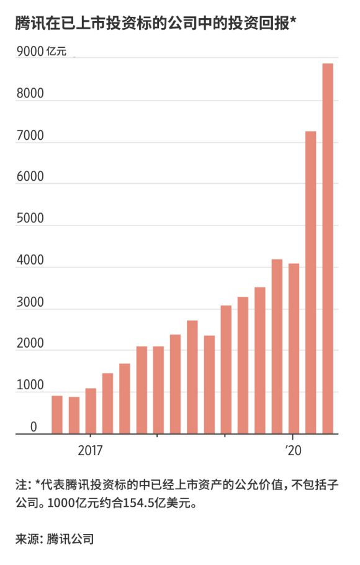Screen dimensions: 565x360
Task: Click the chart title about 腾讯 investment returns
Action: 155,24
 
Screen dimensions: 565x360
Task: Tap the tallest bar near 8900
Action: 328,248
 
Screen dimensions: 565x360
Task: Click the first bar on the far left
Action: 57,415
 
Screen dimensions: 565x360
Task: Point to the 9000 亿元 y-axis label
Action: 40,52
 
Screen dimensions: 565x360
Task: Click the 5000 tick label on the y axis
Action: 29,219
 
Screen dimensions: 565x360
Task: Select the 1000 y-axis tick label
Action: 29,386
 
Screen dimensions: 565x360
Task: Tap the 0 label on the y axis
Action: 34,427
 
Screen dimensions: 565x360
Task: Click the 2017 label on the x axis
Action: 91,450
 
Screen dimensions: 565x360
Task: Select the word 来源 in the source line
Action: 26,539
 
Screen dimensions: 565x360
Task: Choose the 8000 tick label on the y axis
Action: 29,94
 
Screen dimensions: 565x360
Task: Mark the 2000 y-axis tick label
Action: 29,344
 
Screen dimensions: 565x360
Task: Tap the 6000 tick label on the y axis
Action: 29,177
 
